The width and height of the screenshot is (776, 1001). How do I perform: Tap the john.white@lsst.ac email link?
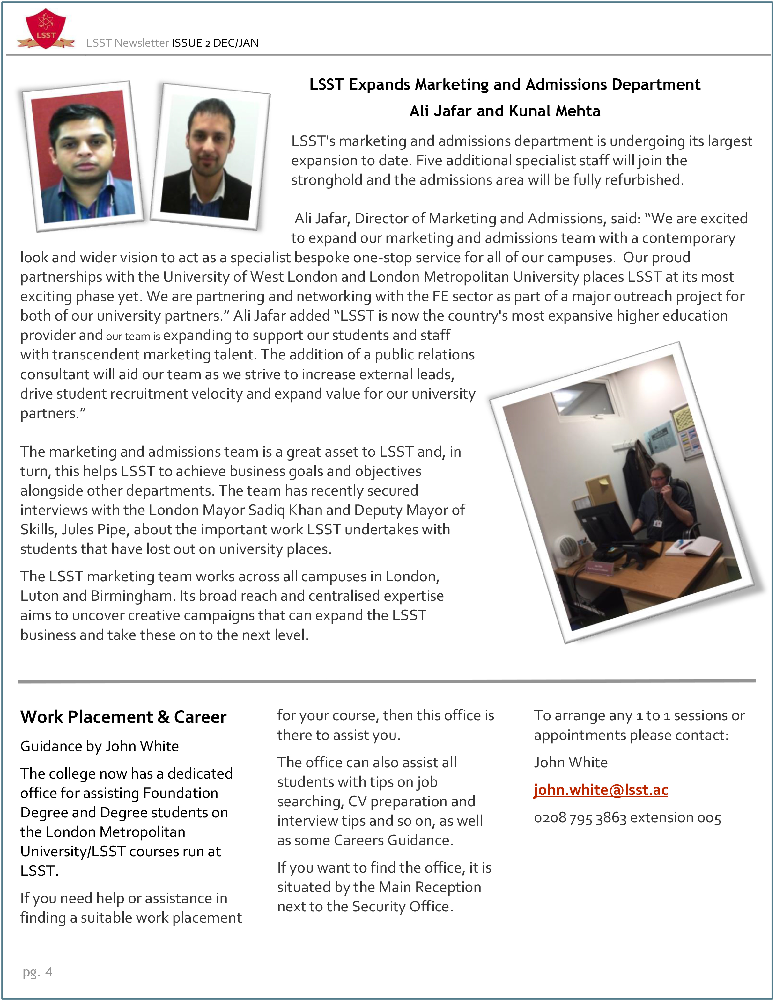click(600, 790)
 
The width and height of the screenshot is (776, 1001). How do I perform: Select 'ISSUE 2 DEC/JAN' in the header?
click(215, 43)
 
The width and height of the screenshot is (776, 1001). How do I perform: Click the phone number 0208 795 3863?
click(580, 818)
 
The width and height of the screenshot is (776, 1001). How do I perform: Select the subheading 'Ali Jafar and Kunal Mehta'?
click(505, 111)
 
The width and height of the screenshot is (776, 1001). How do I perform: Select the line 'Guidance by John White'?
click(100, 746)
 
